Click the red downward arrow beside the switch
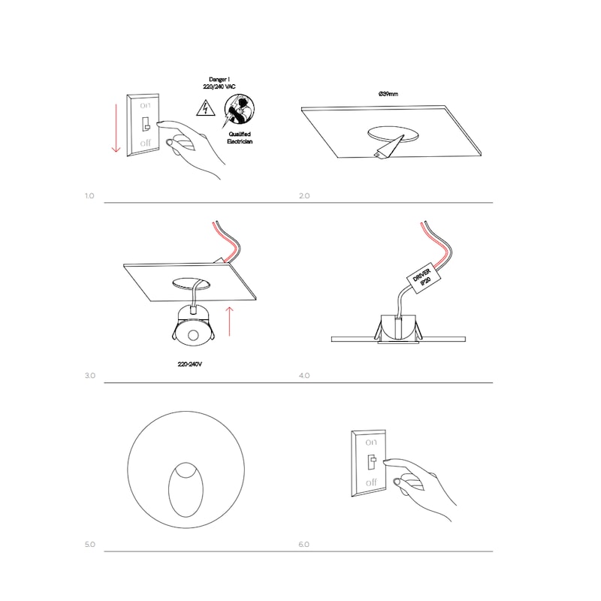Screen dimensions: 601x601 [x=116, y=128]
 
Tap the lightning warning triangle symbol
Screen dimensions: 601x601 [x=206, y=108]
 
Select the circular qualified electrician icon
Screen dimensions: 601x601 [x=239, y=110]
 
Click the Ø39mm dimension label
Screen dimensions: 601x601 [x=388, y=94]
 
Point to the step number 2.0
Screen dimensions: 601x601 [x=304, y=196]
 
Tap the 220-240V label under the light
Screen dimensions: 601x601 [x=190, y=364]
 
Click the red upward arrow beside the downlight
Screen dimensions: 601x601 [x=229, y=322]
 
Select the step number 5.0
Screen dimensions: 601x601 [x=89, y=544]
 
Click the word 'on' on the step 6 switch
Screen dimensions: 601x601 [x=370, y=442]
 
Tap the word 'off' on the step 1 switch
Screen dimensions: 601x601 [x=145, y=143]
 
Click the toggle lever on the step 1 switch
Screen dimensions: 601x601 [x=146, y=124]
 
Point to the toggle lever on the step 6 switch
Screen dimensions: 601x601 [x=372, y=461]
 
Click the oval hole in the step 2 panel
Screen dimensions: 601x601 [x=393, y=134]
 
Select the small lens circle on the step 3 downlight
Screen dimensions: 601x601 [x=193, y=335]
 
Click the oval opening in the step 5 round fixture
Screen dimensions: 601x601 [x=186, y=490]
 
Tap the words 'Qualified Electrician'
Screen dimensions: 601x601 [x=240, y=138]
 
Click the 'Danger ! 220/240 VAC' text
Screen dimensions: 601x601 [x=219, y=83]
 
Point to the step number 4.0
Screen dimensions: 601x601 [x=304, y=376]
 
